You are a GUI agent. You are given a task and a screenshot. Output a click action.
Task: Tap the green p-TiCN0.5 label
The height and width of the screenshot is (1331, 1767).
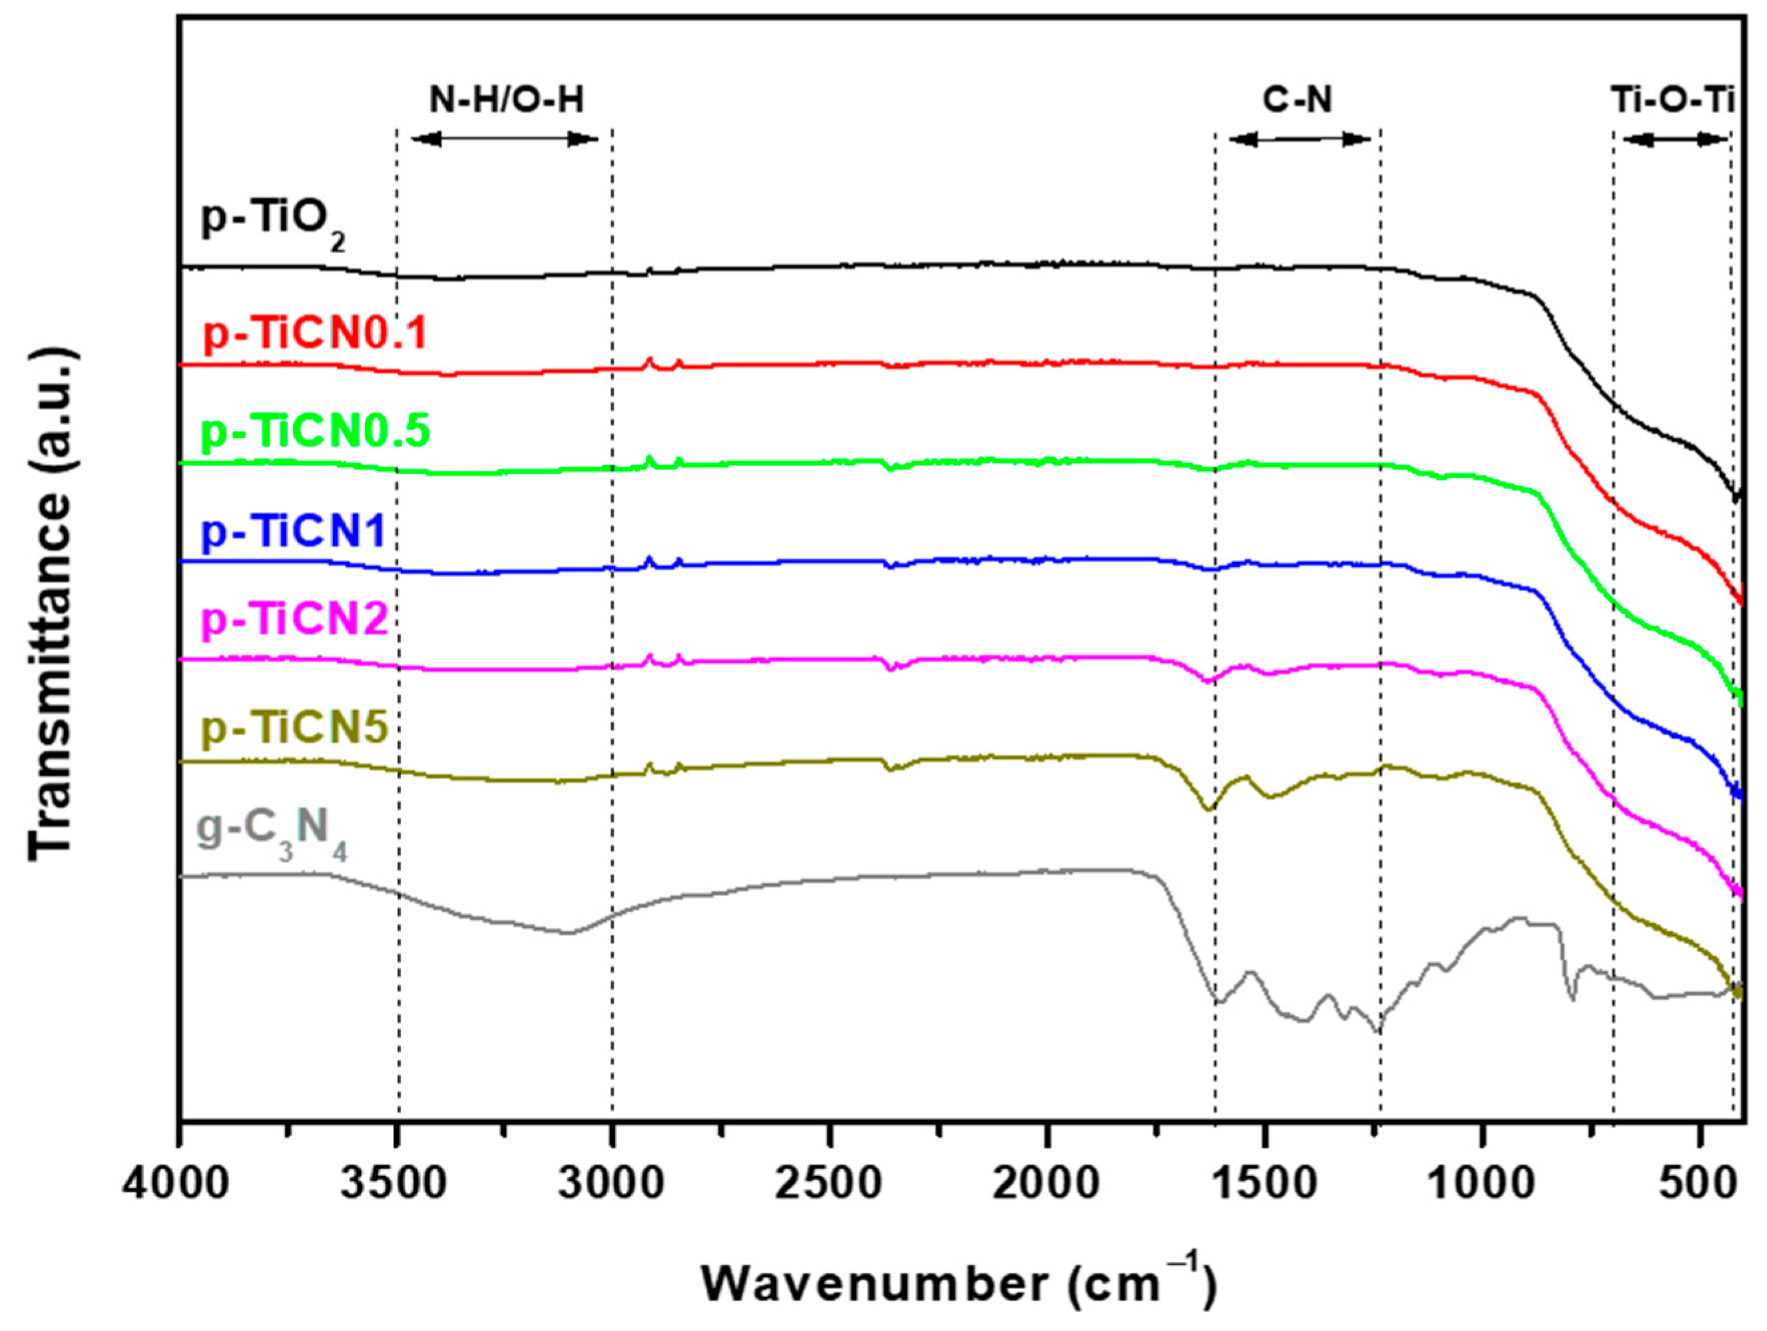tap(316, 431)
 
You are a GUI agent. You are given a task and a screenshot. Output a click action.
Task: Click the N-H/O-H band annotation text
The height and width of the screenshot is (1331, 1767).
tap(507, 100)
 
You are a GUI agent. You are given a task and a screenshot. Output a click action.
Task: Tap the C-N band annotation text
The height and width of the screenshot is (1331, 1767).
tap(1298, 100)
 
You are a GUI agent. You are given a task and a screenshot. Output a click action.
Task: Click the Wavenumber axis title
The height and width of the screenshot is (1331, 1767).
tap(959, 1284)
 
